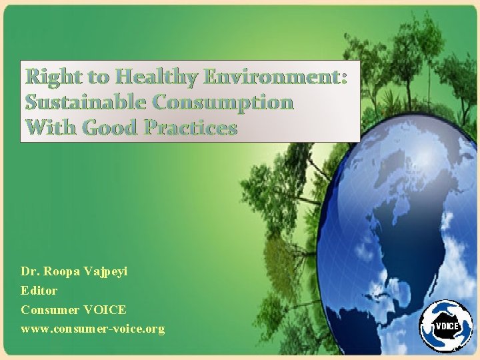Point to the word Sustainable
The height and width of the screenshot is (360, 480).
pyautogui.click(x=86, y=102)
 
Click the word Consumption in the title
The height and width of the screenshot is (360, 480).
pyautogui.click(x=223, y=102)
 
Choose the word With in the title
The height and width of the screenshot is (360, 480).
pyautogui.click(x=49, y=127)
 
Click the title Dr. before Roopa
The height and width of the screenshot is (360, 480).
pyautogui.click(x=30, y=272)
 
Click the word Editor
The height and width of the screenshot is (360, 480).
pyautogui.click(x=39, y=291)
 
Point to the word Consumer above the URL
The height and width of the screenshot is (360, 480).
pyautogui.click(x=49, y=310)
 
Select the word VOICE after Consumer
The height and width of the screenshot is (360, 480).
pyautogui.click(x=105, y=310)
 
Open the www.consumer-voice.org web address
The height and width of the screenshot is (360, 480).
pyautogui.click(x=93, y=329)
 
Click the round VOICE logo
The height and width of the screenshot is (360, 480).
pyautogui.click(x=445, y=325)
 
